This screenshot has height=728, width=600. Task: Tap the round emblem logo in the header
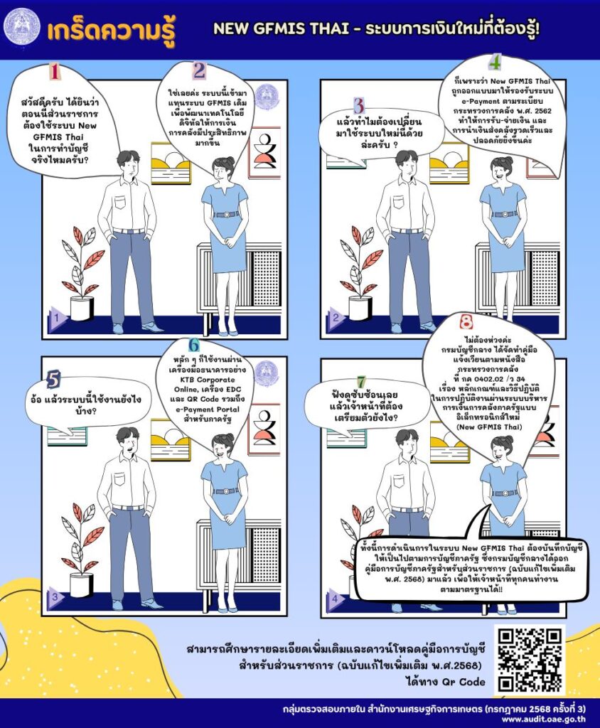coord(22,28)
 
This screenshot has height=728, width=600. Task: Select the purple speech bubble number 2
coord(199,70)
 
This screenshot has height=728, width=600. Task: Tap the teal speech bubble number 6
coord(193,345)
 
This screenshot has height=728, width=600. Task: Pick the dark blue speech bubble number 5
coord(53,380)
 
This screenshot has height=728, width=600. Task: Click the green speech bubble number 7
coord(361,382)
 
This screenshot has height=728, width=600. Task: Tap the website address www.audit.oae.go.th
coord(543,719)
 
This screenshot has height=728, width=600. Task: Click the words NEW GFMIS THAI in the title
coord(281,28)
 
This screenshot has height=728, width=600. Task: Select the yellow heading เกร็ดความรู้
coord(112,30)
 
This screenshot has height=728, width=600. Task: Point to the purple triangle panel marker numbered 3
coord(56,597)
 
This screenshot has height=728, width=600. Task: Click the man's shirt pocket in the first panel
coord(120,203)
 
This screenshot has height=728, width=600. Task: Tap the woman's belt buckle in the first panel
coord(227,215)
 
